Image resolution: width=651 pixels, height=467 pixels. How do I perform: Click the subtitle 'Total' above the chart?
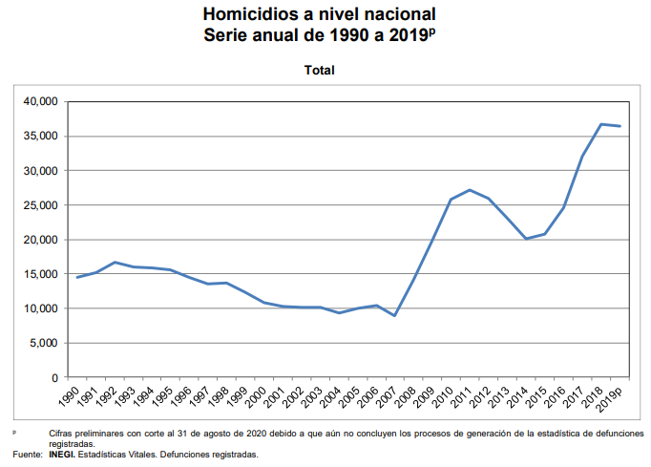[320, 70]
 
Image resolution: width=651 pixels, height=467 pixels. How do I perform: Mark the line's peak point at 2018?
[601, 124]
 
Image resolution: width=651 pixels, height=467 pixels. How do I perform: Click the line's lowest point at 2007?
[394, 316]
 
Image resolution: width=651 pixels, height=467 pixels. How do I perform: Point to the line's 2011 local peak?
[469, 190]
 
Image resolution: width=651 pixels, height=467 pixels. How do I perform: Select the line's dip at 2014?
[525, 239]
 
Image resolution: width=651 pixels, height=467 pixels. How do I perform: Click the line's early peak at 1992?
[115, 262]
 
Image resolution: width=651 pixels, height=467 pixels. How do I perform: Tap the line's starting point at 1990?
[77, 277]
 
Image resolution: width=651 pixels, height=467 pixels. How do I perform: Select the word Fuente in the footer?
[23, 455]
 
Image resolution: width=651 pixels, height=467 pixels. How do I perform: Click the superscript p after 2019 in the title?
[431, 30]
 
